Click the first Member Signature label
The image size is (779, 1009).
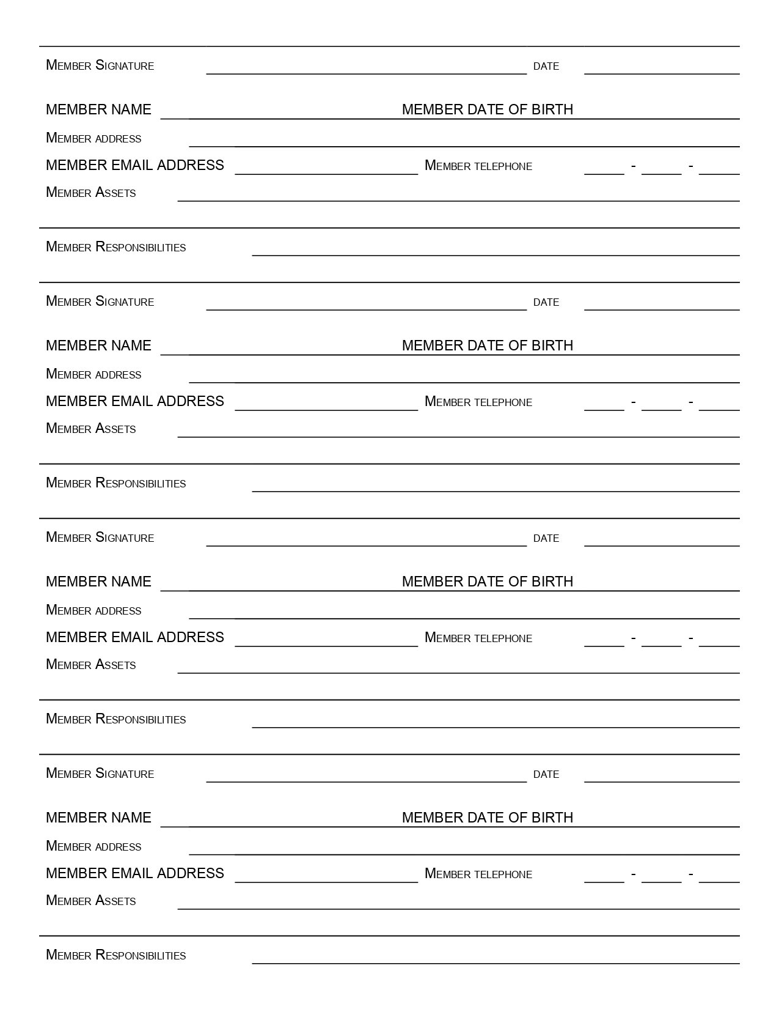coord(100,65)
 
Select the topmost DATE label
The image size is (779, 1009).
coord(546,66)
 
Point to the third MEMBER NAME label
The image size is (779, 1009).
coord(98,582)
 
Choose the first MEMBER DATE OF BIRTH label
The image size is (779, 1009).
coord(488,109)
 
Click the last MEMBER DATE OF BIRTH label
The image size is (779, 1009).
coord(488,818)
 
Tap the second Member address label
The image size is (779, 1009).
coord(93,374)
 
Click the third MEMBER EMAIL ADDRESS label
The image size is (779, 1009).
coord(135,637)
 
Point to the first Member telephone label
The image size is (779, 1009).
coord(478,166)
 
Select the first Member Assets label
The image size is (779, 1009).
coord(91,193)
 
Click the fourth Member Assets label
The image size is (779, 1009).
coord(91,901)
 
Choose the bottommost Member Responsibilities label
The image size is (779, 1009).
coord(116,955)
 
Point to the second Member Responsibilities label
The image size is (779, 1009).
coord(116,483)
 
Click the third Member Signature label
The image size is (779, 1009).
coord(100,538)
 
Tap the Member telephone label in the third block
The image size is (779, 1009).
coord(478,638)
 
